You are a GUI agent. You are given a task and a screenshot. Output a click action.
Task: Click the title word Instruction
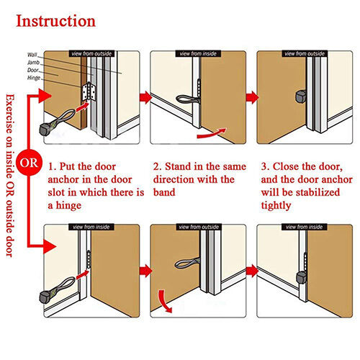point(55,20)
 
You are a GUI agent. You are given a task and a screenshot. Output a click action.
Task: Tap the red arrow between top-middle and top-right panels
point(252,96)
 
